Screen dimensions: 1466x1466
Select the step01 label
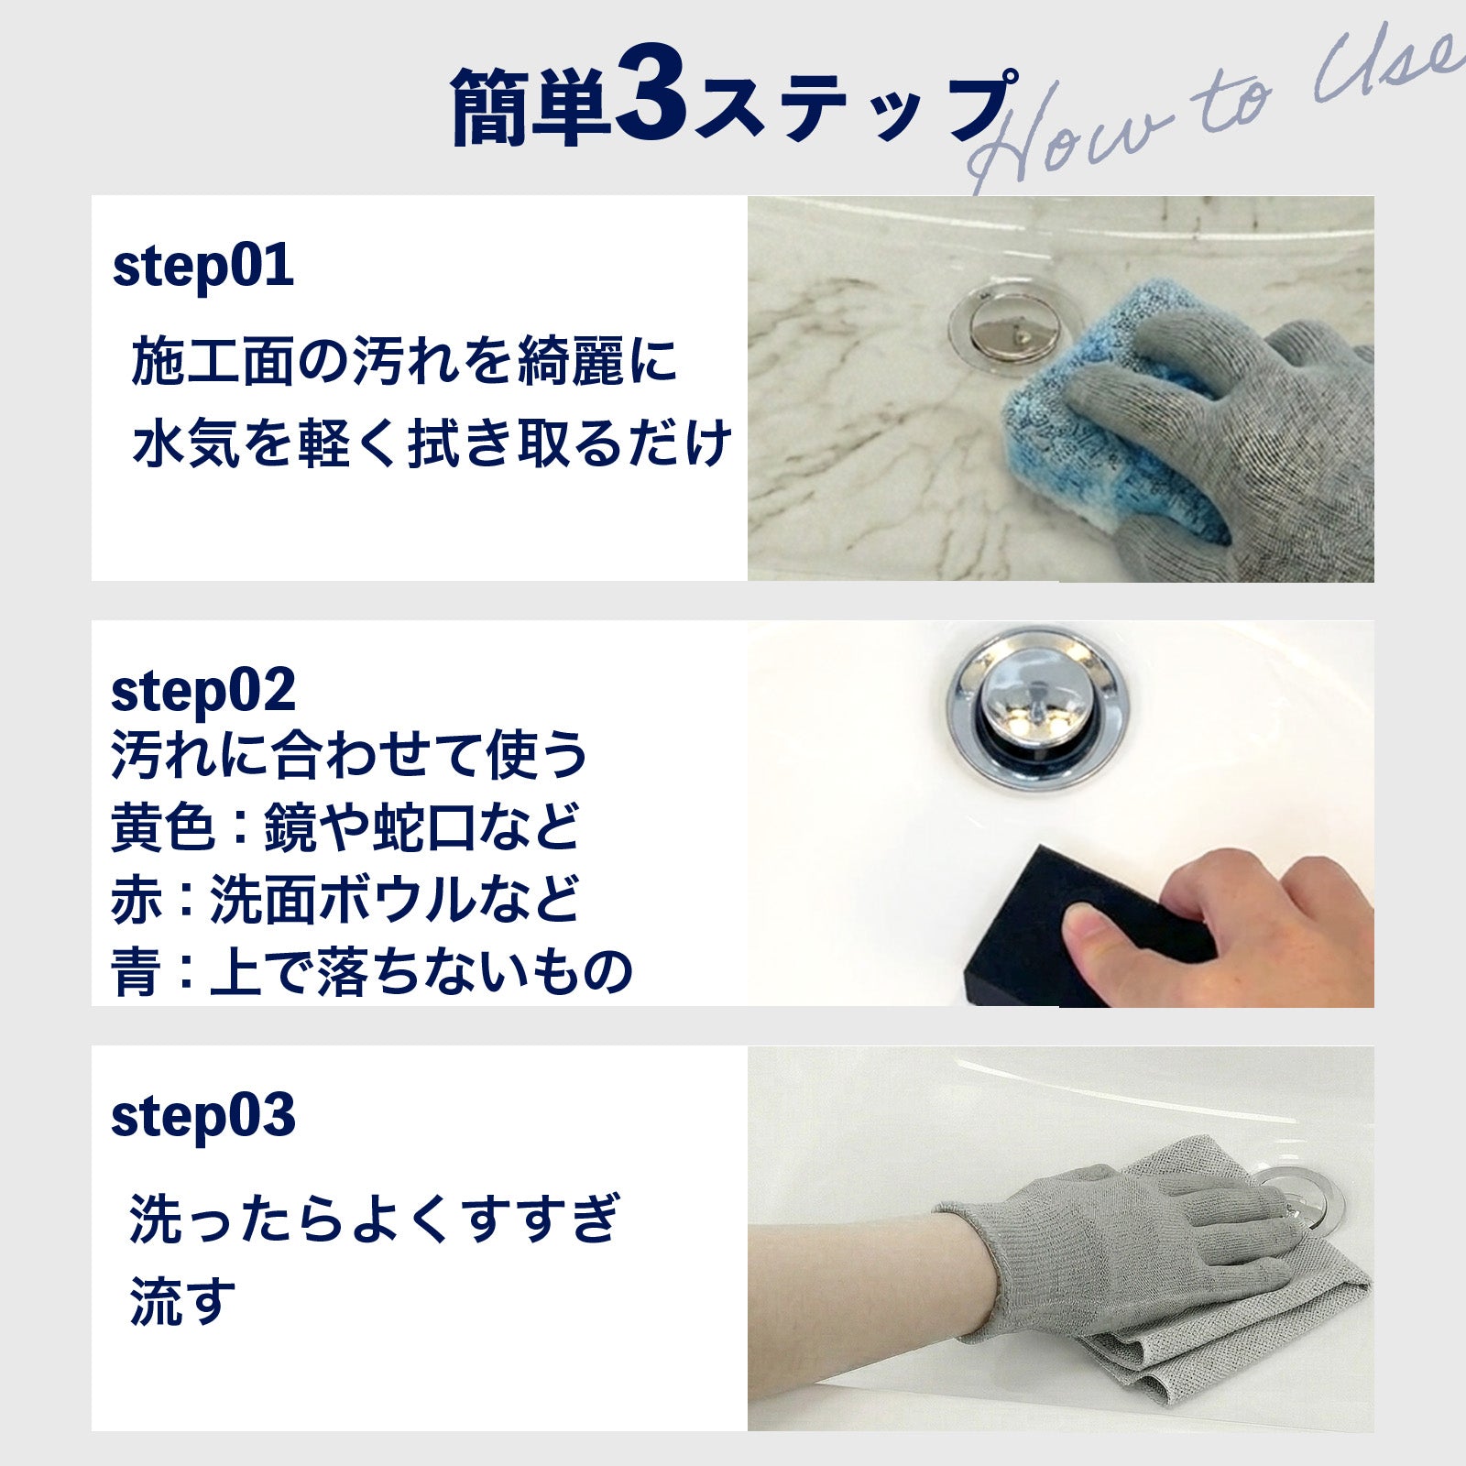pos(202,267)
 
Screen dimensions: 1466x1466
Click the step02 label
pos(202,691)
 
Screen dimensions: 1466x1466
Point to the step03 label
pos(202,1116)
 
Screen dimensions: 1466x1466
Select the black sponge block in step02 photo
pos(1077,925)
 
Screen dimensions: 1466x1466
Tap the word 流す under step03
pos(182,1302)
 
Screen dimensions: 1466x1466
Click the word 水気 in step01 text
pos(187,443)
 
